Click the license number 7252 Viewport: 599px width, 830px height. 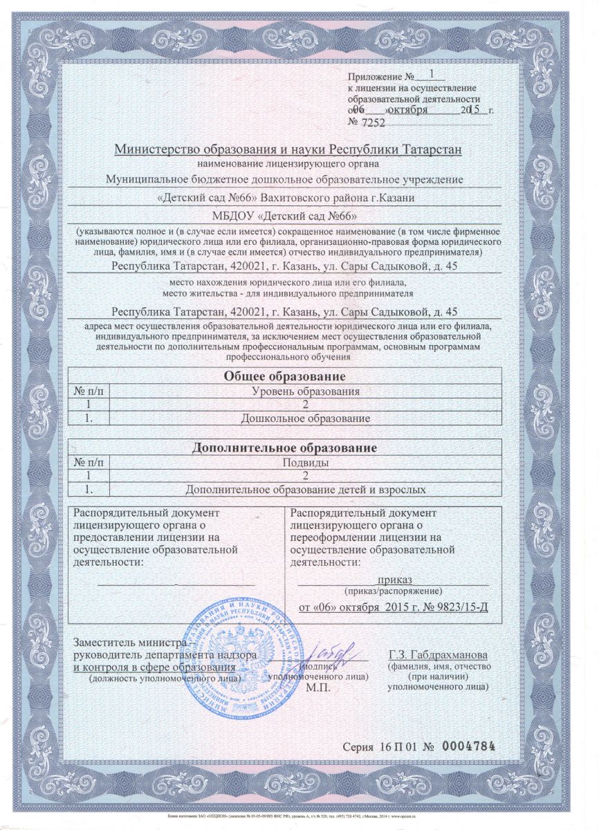[x=371, y=122]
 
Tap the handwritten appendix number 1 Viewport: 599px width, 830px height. [x=432, y=73]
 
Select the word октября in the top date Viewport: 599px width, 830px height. [x=409, y=110]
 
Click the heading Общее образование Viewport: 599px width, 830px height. [x=284, y=377]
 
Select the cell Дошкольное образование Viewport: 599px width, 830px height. [x=305, y=418]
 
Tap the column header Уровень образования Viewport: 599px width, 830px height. [x=305, y=392]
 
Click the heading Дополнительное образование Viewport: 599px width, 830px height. [x=284, y=448]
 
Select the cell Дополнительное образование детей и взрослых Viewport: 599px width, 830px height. [x=305, y=490]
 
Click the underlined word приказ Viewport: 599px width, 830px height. [x=395, y=580]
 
